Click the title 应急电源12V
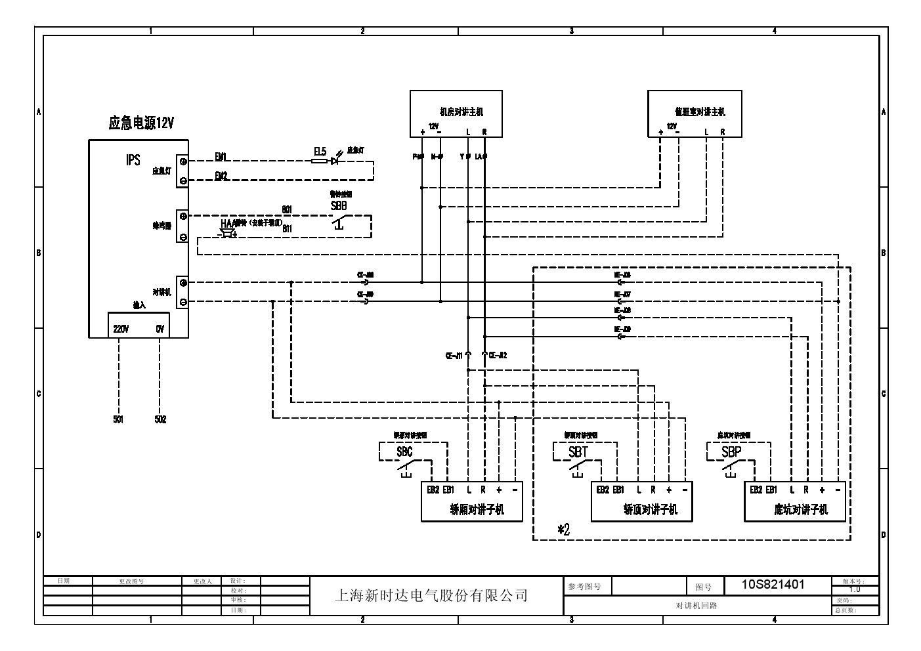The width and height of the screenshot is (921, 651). point(141,123)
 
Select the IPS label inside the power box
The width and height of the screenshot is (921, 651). point(133,160)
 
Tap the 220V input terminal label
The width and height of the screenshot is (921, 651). point(121,329)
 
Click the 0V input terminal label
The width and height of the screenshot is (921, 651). point(160,329)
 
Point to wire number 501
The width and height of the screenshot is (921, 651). point(118,420)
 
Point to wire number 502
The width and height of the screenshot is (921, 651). point(160,420)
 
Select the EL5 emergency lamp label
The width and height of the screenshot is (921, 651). point(320,152)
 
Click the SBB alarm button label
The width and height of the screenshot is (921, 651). point(339,205)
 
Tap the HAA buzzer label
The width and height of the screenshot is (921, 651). point(228,224)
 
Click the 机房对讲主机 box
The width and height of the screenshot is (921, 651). point(456,114)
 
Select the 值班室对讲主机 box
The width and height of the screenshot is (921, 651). point(695,114)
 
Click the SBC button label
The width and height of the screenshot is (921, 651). point(404,452)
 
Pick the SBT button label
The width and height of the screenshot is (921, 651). point(578,452)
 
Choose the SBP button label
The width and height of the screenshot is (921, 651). point(731,452)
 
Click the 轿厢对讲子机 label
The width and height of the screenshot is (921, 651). point(477,510)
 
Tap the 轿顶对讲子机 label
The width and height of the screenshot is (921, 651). point(650,510)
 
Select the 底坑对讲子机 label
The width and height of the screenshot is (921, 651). point(801,510)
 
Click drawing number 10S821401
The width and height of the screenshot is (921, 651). point(773,584)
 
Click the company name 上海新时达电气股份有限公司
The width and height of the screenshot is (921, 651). point(431,596)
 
